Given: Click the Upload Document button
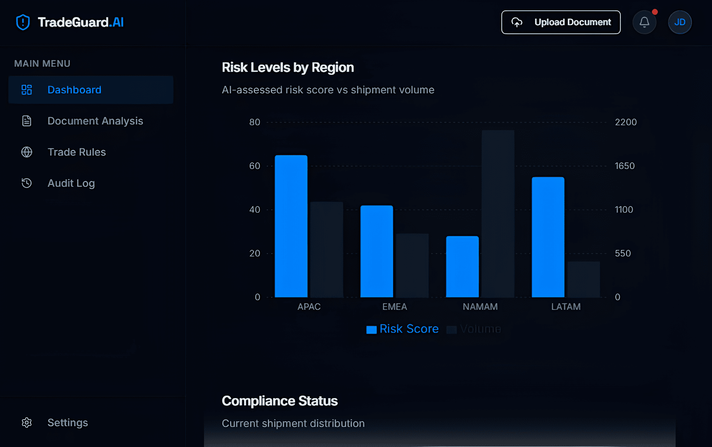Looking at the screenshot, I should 561,22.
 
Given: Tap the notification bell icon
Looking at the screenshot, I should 644,22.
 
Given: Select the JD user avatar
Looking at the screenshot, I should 679,22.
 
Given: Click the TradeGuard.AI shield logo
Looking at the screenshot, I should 23,22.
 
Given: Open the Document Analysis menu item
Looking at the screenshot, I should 95,121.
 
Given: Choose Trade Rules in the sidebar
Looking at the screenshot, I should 76,152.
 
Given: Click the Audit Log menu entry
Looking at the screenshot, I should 71,183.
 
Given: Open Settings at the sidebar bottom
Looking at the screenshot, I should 67,423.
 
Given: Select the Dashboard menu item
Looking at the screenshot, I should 74,90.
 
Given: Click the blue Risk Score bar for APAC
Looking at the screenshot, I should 291,226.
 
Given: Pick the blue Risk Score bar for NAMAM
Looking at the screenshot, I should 462,266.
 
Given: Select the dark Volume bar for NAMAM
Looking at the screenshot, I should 498,213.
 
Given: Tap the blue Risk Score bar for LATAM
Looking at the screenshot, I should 548,237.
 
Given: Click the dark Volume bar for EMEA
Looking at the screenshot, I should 412,265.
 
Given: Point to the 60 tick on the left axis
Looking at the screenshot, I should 254,166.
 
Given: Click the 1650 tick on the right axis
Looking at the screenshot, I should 624,166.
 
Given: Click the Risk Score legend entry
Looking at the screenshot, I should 402,329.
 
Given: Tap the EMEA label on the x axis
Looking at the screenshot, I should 395,307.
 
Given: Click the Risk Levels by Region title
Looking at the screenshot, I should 288,67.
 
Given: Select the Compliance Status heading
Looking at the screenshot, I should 280,401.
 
